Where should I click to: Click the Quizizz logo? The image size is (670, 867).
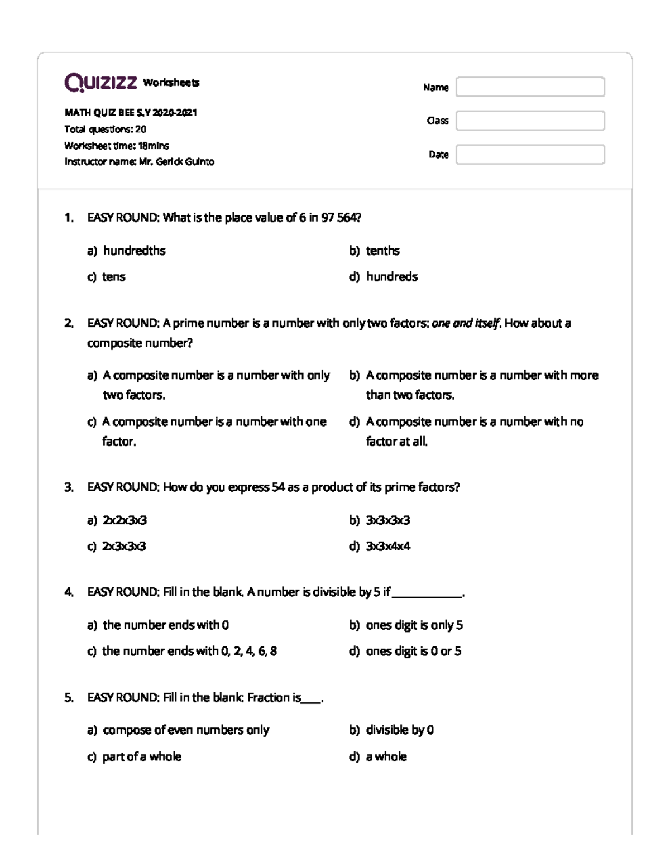pos(100,83)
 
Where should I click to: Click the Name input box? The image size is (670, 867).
pos(530,87)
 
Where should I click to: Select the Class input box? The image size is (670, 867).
pos(530,121)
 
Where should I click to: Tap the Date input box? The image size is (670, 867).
pos(530,155)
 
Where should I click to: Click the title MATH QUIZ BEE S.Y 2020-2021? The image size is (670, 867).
pos(131,113)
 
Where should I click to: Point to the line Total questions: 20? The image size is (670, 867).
pos(105,130)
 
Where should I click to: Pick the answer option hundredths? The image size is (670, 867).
pos(134,251)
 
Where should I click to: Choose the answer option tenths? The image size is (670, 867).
pos(382,251)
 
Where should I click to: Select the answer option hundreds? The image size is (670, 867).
pos(391,277)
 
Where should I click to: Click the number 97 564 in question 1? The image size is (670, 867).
pos(340,218)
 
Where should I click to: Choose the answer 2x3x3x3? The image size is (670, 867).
pos(124,546)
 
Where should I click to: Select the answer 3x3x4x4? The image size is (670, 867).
pos(387,546)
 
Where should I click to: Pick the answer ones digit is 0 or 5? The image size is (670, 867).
pos(413,651)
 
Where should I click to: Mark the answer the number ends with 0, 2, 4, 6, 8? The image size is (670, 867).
pos(189,651)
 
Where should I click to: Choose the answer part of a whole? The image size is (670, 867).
pos(142,756)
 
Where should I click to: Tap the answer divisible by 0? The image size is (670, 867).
pos(400,730)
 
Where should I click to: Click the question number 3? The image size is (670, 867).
pos(69,487)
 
